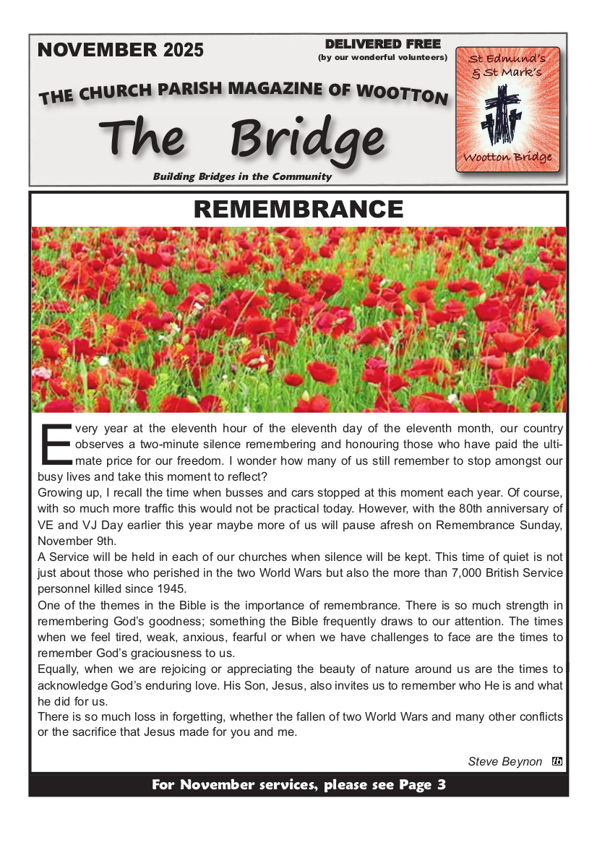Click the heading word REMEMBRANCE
pos(298,210)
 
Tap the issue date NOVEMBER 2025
pos(120,50)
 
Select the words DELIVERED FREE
pos(383,44)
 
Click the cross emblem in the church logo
pos(507,115)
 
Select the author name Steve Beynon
pos(504,761)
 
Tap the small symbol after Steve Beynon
pos(557,761)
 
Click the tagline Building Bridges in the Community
pos(242,176)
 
